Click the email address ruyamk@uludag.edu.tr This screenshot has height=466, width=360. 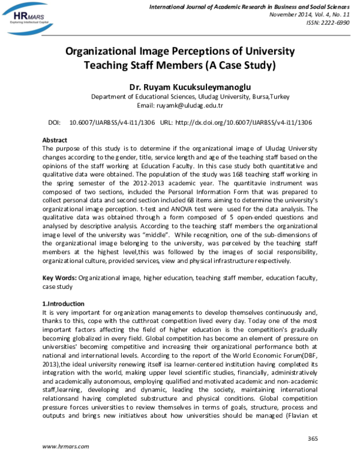point(197,105)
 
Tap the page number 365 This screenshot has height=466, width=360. point(312,439)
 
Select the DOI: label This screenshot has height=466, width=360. point(54,122)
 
